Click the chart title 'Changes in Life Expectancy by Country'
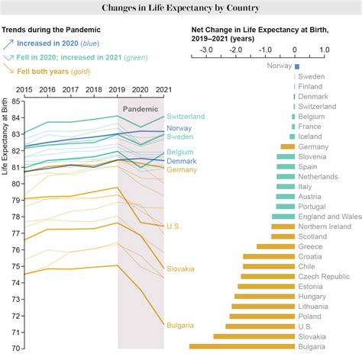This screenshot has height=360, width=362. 180,8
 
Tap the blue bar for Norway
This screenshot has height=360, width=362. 296,66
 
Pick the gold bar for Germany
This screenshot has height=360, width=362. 287,146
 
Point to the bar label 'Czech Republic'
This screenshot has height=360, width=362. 320,276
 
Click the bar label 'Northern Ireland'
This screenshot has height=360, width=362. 325,226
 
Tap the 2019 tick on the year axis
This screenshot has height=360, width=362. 117,90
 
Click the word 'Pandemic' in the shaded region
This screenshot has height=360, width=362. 140,109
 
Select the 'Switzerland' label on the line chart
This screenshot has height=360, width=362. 186,116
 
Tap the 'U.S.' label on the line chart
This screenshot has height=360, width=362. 173,226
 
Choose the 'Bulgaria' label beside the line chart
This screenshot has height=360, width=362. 180,325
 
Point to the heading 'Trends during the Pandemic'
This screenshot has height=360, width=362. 52,31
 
